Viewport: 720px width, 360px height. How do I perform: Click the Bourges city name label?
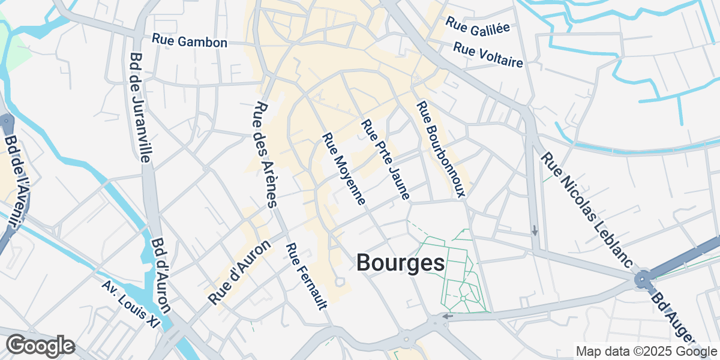[401, 263]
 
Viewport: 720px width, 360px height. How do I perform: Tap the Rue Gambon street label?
[189, 41]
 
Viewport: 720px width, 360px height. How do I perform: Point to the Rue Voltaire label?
[488, 55]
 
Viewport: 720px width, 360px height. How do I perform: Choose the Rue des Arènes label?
[265, 154]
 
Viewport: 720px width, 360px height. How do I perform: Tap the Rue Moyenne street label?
[344, 169]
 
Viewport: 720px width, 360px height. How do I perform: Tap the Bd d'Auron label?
[161, 275]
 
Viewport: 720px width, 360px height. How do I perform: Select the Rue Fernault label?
[306, 277]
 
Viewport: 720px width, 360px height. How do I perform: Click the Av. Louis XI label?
[130, 304]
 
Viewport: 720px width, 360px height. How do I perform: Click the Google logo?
[40, 346]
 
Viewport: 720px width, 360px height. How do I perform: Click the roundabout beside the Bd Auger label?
[643, 280]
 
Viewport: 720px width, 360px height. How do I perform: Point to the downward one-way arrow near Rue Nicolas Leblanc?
[535, 230]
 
